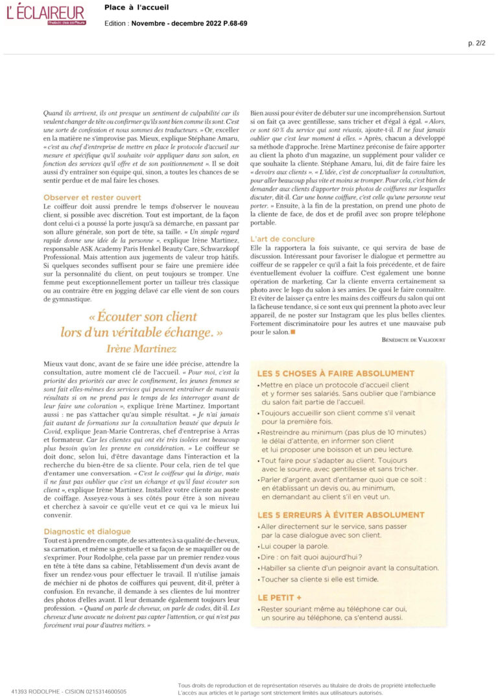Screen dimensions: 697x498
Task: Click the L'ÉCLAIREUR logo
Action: coord(45,13)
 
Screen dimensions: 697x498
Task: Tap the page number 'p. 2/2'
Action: coord(477,43)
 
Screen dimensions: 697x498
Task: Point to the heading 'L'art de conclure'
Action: coord(283,239)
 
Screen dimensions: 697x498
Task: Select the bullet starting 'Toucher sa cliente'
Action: coord(319,578)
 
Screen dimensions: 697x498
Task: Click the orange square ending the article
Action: coord(293,332)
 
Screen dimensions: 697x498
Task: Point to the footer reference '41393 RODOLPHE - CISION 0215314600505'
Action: coord(69,691)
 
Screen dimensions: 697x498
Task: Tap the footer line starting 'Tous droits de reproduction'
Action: coord(306,685)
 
